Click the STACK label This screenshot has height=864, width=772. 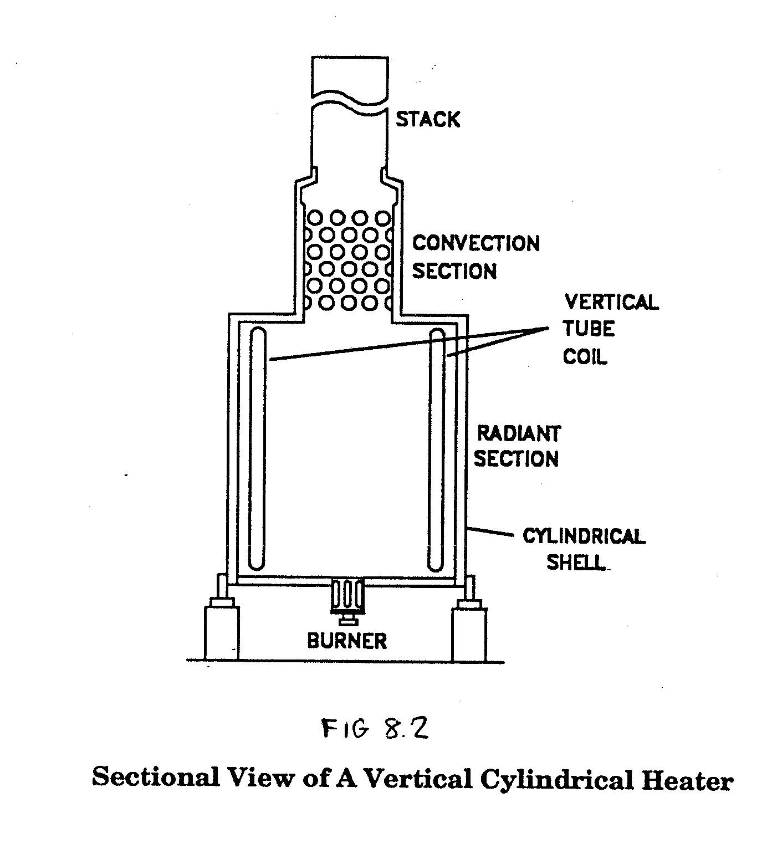[x=428, y=119]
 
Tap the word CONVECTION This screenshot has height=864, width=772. [x=476, y=243]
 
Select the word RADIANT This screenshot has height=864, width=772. [x=519, y=433]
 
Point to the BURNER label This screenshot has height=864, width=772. [x=347, y=641]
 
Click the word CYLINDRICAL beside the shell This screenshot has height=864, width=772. [x=584, y=536]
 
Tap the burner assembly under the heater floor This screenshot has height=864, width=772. [x=347, y=601]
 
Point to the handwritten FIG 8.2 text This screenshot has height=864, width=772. [x=375, y=729]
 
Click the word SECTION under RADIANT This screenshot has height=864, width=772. [x=516, y=459]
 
